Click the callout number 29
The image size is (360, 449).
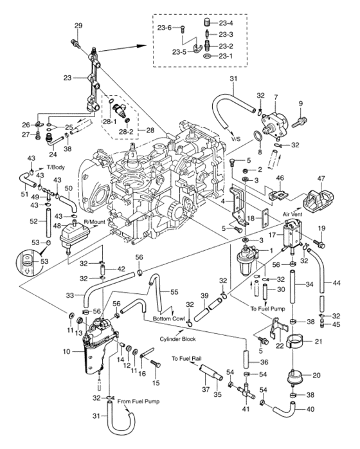(x=78, y=25)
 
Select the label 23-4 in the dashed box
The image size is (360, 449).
(x=226, y=23)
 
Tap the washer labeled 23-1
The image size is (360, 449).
(x=206, y=56)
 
